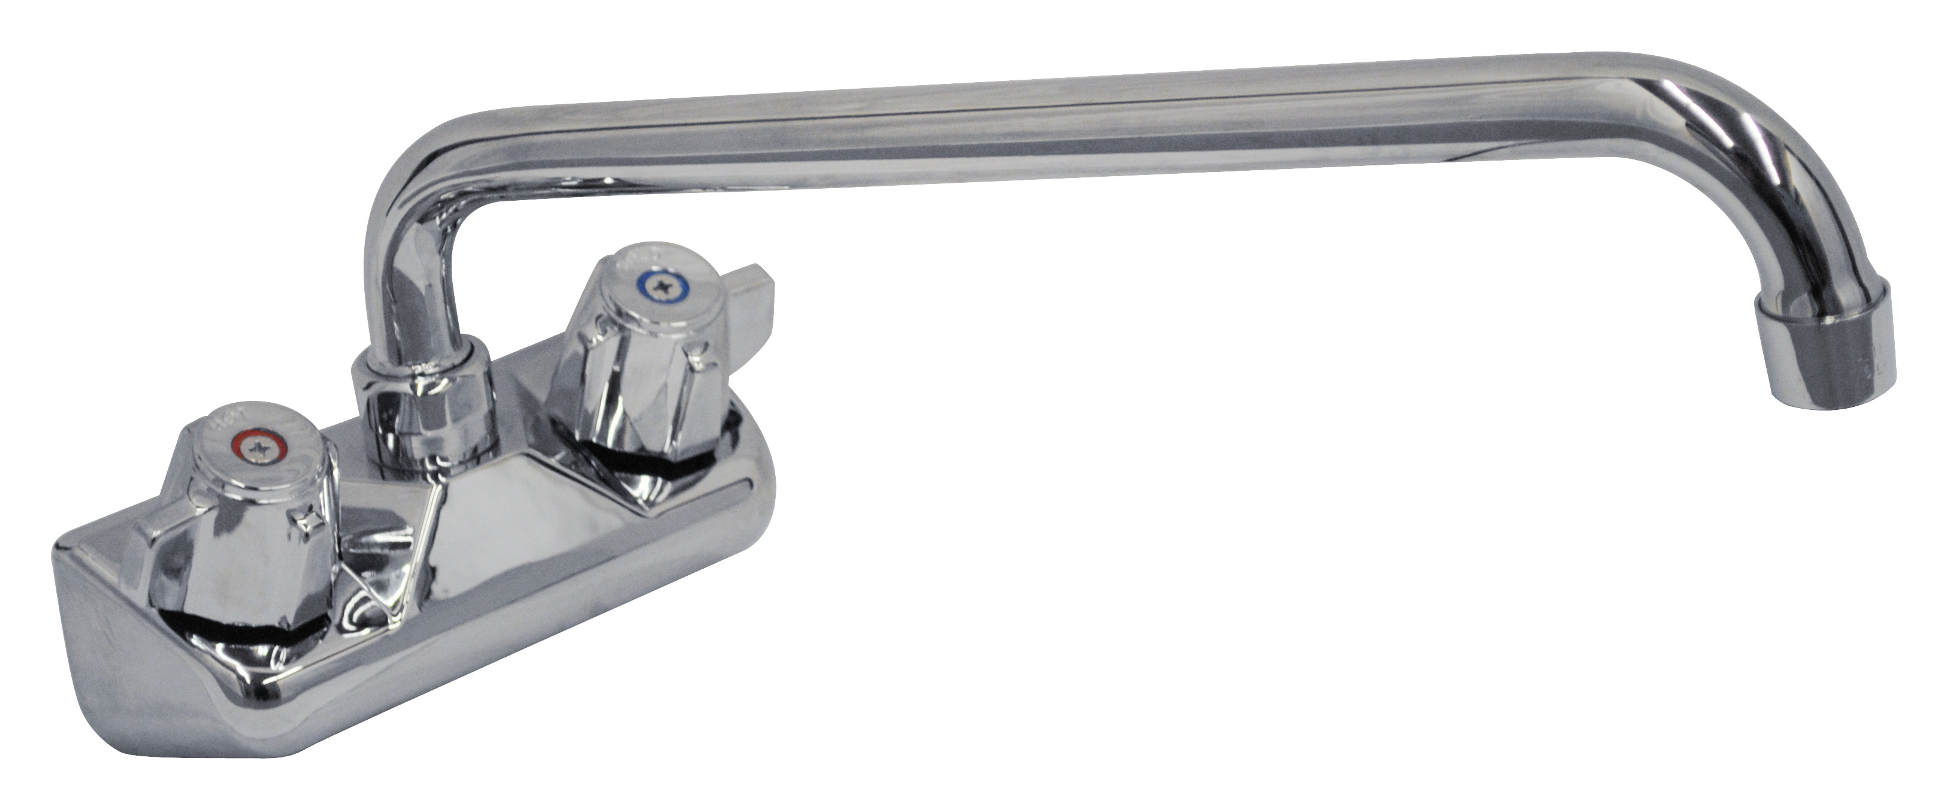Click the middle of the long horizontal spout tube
tap(1058, 128)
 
